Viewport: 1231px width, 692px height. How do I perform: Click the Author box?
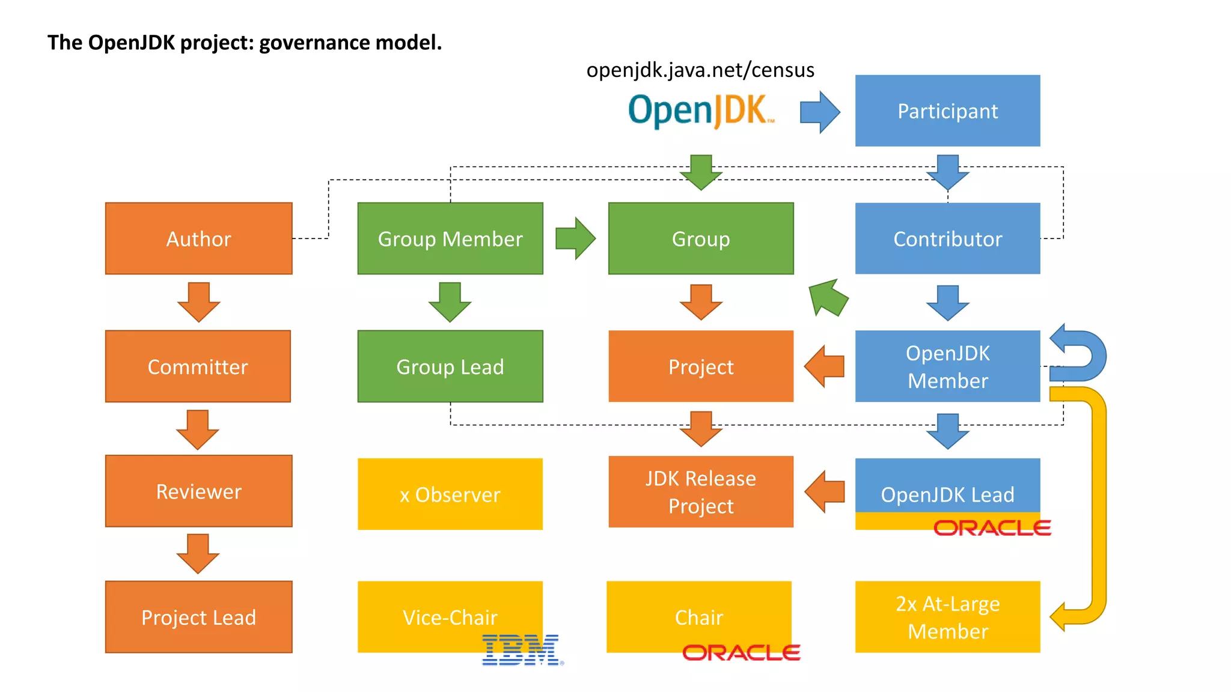pos(198,238)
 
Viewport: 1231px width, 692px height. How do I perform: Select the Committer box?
pos(198,366)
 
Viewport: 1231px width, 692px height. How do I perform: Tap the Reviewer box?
pos(198,491)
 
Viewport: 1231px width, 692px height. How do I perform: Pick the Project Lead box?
pos(198,617)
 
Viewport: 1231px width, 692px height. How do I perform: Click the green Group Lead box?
pos(450,366)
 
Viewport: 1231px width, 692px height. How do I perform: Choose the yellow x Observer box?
pos(450,494)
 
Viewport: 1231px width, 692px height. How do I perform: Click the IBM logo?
pos(522,651)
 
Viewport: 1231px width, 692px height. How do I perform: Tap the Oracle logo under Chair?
pos(741,652)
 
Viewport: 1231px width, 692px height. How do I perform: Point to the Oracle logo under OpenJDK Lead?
pos(992,528)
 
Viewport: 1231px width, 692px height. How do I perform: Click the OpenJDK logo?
pos(700,111)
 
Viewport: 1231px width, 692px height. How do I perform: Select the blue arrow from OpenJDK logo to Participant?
pos(820,112)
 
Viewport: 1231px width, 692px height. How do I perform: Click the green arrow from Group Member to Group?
pos(575,238)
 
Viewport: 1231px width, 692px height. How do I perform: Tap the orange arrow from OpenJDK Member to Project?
pos(825,366)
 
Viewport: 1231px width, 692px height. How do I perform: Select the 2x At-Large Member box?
pos(947,617)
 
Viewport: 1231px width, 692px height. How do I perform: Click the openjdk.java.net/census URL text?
pos(700,70)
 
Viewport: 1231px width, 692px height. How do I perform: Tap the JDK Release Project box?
pos(701,492)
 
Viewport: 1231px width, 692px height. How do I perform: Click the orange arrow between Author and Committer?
pos(198,302)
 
